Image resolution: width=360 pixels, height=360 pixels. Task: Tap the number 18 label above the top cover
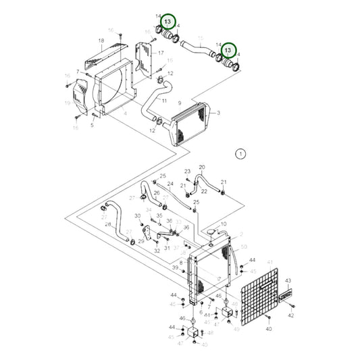101,41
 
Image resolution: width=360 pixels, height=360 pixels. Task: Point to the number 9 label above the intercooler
180,102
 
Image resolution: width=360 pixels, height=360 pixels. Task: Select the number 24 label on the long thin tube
170,184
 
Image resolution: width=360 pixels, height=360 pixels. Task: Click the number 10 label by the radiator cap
224,224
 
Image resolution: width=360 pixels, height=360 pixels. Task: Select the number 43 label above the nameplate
287,280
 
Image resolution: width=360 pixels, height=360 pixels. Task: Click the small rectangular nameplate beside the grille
286,294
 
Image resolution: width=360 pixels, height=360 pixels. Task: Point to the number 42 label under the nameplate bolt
291,315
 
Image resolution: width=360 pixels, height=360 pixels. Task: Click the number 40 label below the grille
268,328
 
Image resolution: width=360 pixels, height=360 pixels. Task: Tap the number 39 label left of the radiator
174,268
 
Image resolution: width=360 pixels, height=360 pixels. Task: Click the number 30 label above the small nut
138,216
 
